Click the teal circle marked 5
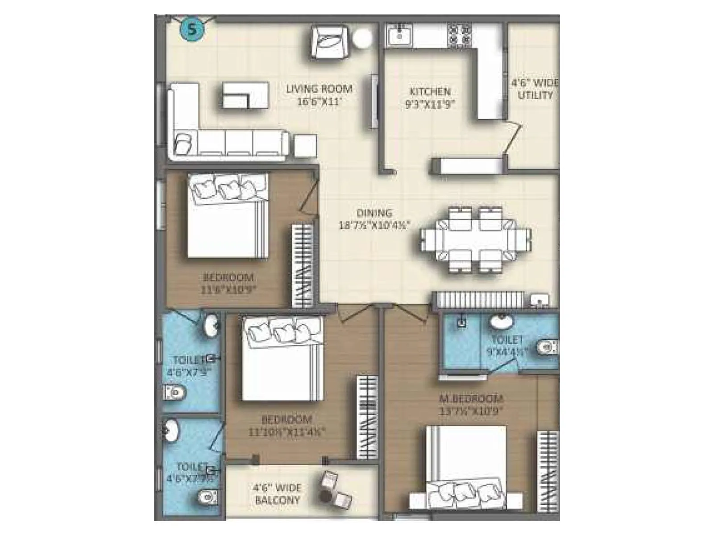(x=192, y=30)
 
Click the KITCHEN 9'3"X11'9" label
(x=430, y=98)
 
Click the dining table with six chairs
(x=476, y=239)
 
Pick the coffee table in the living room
(x=245, y=95)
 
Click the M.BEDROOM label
(x=471, y=404)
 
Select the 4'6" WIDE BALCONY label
(x=277, y=494)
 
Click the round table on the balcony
(x=326, y=496)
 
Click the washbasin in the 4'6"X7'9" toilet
(x=211, y=325)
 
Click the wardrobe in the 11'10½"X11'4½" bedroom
(x=367, y=417)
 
